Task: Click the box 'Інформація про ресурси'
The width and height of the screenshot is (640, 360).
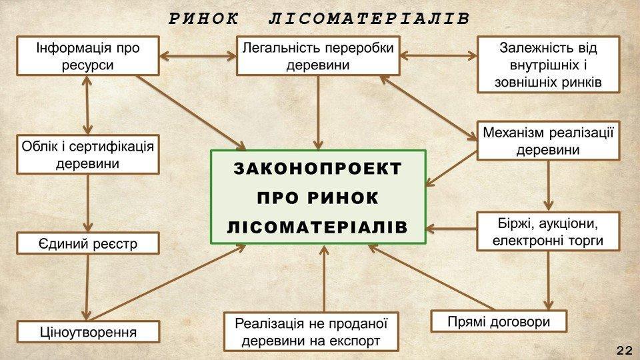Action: click(89, 56)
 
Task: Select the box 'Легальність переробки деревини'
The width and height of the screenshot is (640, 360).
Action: click(318, 56)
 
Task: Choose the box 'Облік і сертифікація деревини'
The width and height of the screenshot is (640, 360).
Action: click(88, 154)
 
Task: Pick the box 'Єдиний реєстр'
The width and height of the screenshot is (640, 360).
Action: click(88, 243)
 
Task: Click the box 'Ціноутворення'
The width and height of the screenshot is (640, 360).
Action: click(88, 331)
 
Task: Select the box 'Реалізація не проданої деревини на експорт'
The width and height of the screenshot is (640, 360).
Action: click(311, 331)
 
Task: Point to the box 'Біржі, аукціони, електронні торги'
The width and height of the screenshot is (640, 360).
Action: click(548, 231)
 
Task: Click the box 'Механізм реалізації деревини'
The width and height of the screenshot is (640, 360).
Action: click(548, 141)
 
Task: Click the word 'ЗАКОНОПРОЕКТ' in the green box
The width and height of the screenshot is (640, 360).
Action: click(318, 169)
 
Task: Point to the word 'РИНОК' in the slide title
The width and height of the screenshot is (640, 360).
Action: click(203, 19)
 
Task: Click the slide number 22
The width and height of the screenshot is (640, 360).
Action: click(625, 350)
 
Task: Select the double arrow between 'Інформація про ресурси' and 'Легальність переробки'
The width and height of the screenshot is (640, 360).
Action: click(199, 56)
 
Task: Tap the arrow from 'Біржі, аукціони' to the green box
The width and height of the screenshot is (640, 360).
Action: click(452, 229)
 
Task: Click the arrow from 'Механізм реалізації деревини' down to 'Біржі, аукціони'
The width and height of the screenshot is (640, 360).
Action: click(548, 185)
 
